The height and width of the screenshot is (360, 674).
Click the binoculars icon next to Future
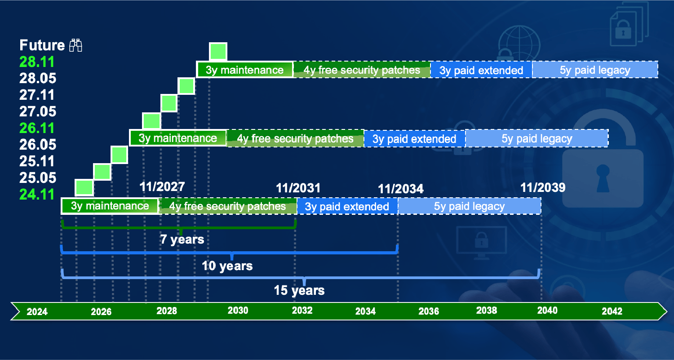tap(75, 45)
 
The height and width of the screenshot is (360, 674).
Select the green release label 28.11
tap(37, 62)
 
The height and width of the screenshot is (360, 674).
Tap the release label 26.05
tap(38, 145)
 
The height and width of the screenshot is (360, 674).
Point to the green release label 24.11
tap(37, 195)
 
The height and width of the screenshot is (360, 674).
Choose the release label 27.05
tap(38, 111)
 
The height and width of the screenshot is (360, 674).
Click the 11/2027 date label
tap(162, 187)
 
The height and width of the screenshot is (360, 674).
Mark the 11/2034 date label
tap(400, 189)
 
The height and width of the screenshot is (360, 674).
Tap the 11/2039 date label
tap(543, 187)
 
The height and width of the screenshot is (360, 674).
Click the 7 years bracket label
tap(182, 240)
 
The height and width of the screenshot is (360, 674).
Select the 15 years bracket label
tap(299, 290)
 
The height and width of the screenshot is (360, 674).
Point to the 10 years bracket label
tap(227, 266)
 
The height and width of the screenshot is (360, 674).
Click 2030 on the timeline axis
tap(238, 310)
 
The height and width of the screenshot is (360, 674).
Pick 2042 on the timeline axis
tap(612, 311)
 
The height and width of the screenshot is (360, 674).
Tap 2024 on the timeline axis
tap(37, 311)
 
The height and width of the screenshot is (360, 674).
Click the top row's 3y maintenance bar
tap(244, 70)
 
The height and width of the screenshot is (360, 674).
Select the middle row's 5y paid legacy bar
tap(537, 138)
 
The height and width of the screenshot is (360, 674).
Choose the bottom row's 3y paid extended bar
tap(347, 206)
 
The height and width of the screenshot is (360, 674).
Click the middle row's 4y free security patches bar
tap(295, 138)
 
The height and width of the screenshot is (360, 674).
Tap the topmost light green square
tap(218, 52)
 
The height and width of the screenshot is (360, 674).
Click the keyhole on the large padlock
tap(603, 178)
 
